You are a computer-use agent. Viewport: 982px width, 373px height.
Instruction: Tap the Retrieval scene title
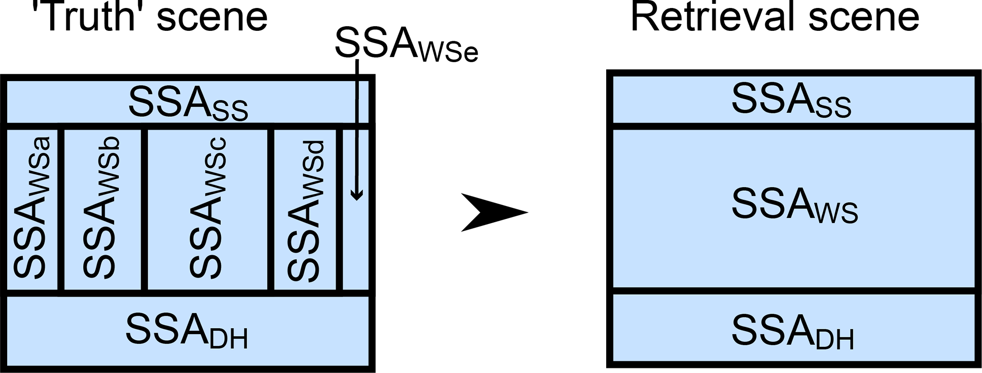(x=774, y=17)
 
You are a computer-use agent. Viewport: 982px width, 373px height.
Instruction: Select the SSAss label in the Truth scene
(x=188, y=103)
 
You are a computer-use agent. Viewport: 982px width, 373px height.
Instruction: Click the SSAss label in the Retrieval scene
(x=791, y=101)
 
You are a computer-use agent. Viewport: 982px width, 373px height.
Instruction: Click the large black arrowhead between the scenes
(x=494, y=212)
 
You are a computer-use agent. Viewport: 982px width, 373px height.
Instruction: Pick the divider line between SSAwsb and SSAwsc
(x=144, y=209)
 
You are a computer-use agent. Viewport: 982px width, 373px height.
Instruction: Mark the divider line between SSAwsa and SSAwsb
(x=61, y=209)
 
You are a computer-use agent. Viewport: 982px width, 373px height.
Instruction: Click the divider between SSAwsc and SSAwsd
(x=271, y=209)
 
